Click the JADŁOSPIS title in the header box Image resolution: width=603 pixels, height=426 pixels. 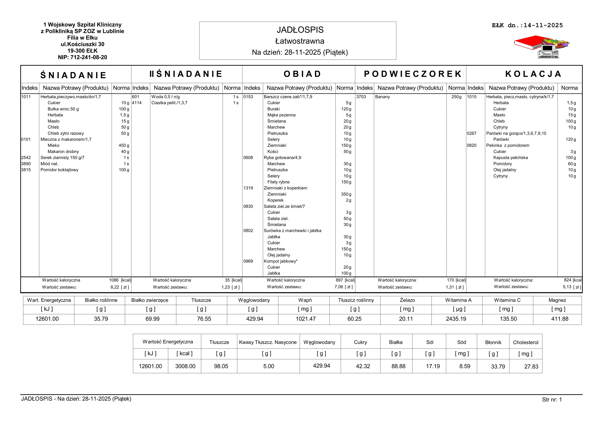pos(300,30)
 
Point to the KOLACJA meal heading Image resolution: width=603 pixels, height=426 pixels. pos(533,74)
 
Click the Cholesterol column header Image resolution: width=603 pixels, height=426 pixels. pos(525,342)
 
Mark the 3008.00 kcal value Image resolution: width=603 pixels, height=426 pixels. pos(185,366)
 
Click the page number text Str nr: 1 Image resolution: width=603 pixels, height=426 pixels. pos(552,400)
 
